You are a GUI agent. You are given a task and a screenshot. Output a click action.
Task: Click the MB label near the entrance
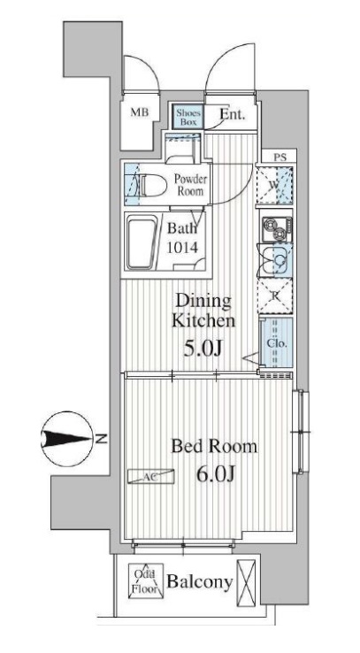140,112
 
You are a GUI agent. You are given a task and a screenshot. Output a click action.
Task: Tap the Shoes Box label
188,117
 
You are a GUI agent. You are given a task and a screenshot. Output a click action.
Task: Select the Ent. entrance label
232,114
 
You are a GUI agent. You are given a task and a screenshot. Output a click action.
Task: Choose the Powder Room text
190,185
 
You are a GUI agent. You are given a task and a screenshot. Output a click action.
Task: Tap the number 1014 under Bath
183,249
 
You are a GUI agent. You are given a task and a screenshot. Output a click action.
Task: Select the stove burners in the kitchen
276,229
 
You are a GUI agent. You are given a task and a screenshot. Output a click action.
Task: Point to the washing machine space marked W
274,185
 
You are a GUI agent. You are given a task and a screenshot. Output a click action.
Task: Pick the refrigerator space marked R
275,296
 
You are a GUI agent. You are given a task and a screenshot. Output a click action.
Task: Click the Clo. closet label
275,343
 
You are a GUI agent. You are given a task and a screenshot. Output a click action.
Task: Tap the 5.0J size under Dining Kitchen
202,348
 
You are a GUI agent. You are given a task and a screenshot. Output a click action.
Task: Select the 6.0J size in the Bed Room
216,473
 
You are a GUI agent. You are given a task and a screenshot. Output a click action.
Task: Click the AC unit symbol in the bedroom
150,477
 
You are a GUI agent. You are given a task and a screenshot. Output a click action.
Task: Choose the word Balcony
199,582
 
